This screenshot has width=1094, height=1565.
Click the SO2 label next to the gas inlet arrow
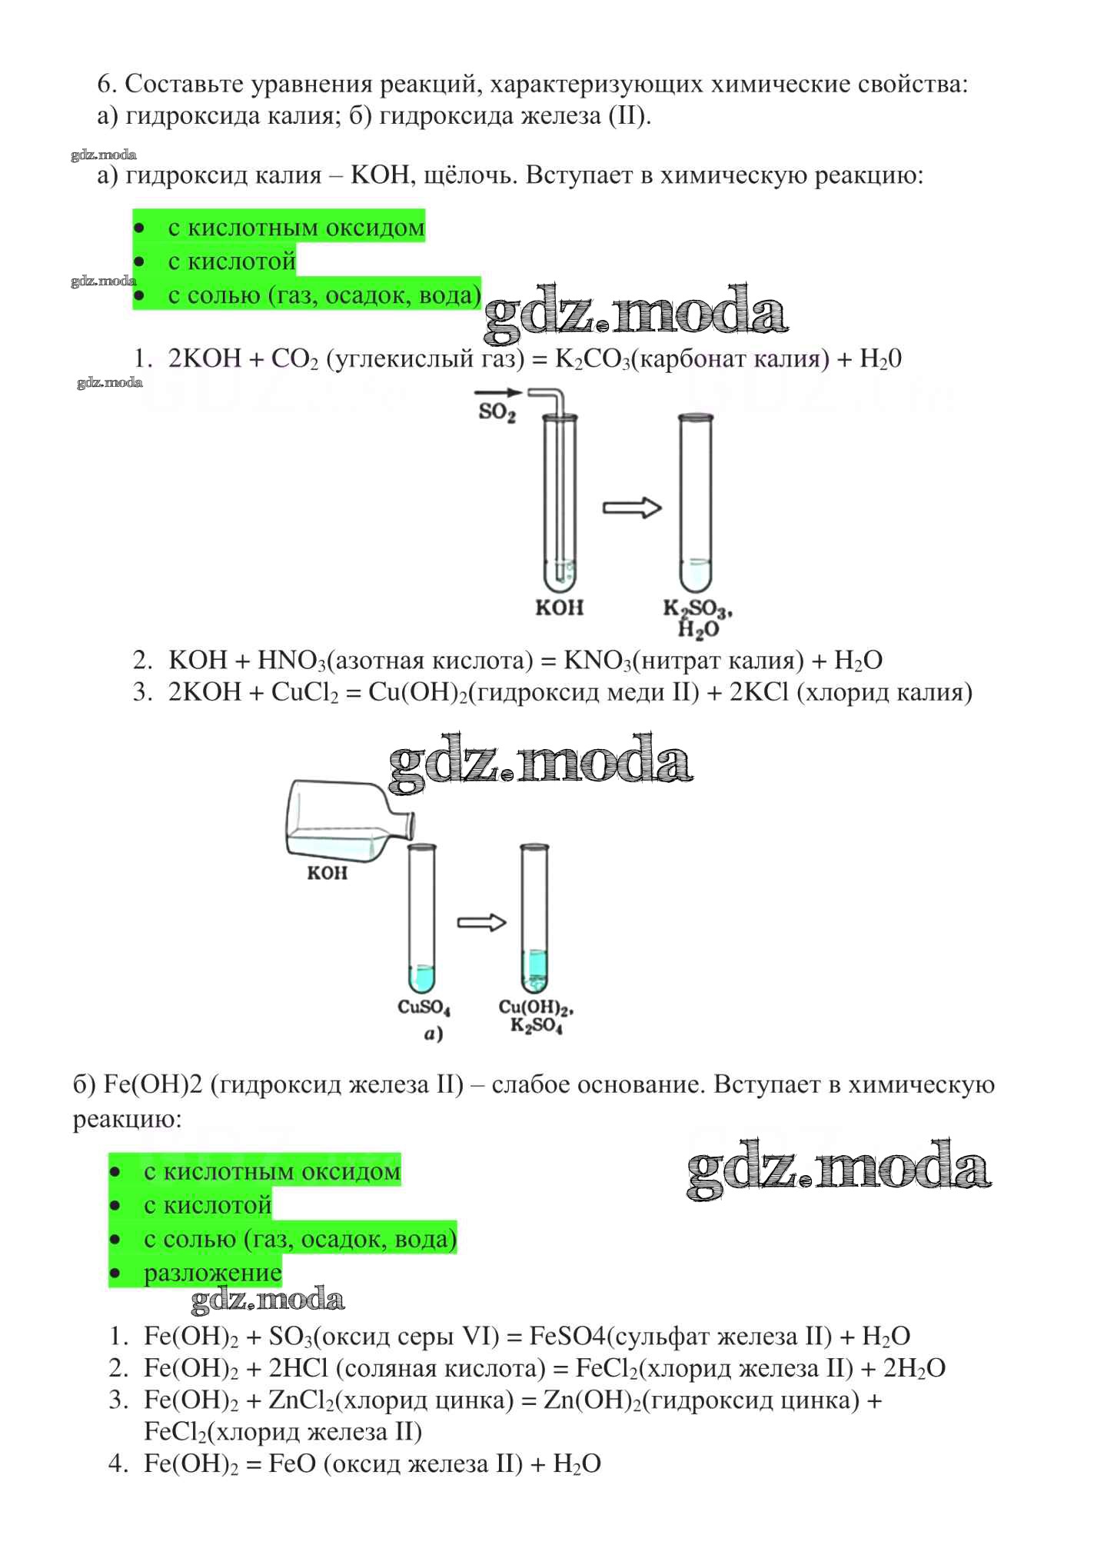coord(497,413)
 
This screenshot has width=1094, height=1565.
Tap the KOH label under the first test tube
coord(560,608)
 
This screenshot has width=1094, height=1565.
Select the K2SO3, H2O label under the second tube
coord(698,619)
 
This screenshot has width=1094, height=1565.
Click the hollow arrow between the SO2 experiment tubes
coord(632,508)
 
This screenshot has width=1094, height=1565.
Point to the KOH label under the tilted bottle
coord(328,873)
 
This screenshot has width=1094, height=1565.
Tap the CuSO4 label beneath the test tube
coord(424,1007)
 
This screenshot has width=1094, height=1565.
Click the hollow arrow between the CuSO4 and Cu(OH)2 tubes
coord(482,923)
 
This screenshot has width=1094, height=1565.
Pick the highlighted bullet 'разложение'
coord(213,1273)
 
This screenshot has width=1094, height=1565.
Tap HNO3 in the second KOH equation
coord(291,661)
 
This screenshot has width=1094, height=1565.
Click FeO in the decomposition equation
coord(292,1463)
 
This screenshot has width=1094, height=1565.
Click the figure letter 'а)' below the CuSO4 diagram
coord(433,1035)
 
